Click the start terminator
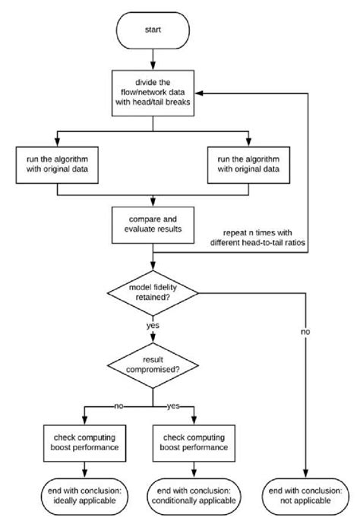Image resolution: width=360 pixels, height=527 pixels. coord(153,30)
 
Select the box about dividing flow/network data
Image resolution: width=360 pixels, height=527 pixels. coord(153,93)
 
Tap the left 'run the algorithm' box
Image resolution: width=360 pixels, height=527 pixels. coord(57,165)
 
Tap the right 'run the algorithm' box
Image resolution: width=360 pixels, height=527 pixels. coord(248,165)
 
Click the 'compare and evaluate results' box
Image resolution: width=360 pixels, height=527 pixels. coord(153,225)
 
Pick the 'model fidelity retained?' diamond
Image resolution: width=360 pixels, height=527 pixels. coord(153,293)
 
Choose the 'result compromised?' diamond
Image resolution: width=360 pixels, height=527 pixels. coord(153,365)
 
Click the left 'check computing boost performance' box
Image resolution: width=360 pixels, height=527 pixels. coord(85,443)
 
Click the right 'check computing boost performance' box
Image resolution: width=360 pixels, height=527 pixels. coord(194,443)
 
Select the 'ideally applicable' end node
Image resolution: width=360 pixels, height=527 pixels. coord(85,497)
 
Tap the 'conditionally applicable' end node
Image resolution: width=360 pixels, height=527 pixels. coord(194,497)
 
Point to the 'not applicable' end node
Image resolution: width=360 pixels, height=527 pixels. coord(305,497)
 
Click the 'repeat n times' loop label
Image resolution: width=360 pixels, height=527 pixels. coord(257,238)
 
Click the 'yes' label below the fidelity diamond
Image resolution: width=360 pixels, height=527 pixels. coord(153,325)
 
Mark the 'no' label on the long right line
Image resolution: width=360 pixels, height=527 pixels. coord(305,332)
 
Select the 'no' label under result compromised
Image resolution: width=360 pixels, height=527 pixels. coord(118,406)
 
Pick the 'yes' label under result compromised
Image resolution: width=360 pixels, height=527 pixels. coord(173,406)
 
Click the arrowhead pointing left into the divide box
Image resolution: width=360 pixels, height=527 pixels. coord(199,93)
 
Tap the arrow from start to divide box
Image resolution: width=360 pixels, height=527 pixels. coord(153,59)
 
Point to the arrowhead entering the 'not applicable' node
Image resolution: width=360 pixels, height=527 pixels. coord(305,474)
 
